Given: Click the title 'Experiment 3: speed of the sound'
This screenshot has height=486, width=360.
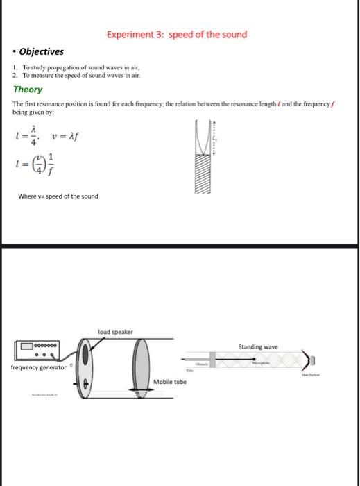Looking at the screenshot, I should [x=176, y=34].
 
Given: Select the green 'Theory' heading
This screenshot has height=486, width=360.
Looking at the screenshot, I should [x=28, y=90].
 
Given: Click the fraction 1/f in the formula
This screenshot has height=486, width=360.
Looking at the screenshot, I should [x=50, y=166].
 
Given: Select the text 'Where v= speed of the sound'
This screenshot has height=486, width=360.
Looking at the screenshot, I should [x=58, y=196].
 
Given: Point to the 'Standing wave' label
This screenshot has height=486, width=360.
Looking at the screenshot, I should [x=258, y=346].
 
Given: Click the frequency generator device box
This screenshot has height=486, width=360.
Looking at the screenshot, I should [x=40, y=352].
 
